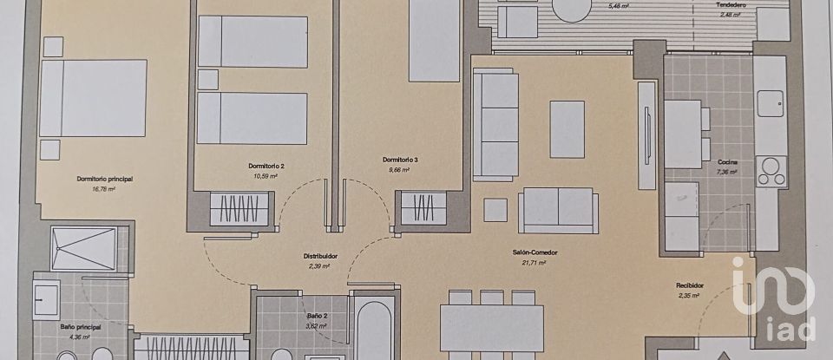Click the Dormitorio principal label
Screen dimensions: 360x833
104,179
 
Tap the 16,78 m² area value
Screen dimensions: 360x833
104,187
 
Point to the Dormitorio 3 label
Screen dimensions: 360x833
400,160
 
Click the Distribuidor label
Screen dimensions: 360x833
320,256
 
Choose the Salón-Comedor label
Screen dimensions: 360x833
534,253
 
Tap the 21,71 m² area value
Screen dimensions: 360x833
534,262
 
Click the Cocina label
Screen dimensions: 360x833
727,163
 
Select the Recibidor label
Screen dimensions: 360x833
690,285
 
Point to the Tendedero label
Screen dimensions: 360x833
731,4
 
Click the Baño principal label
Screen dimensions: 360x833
81,326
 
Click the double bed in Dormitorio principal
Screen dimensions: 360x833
94,97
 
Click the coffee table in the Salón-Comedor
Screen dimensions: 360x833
567,129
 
